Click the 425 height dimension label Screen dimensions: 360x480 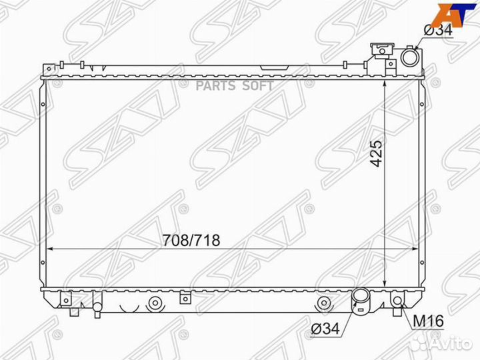tap(377, 154)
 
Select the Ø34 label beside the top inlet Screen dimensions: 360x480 tap(438, 29)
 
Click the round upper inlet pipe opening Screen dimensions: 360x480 tap(409, 59)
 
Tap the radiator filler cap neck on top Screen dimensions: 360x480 tap(382, 51)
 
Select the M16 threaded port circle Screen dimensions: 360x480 tap(397, 301)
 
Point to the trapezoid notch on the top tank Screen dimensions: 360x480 tap(270, 67)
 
